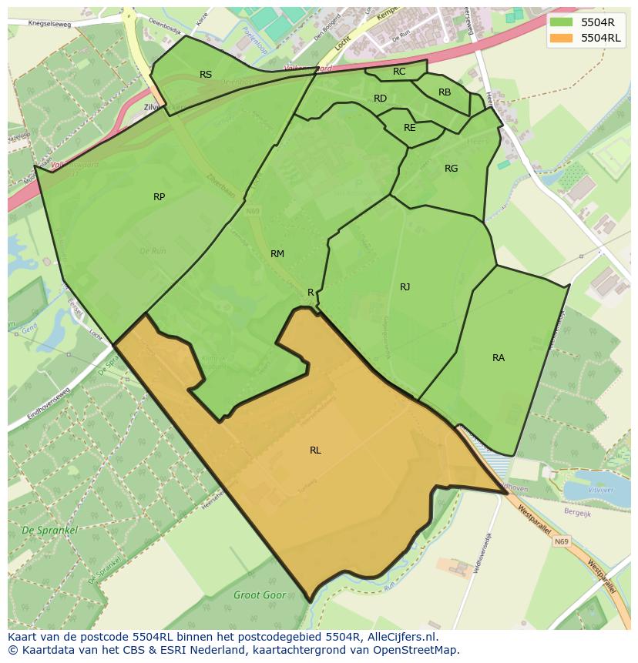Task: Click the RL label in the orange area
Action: click(x=315, y=450)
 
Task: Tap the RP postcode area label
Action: click(x=159, y=197)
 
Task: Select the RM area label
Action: click(x=277, y=254)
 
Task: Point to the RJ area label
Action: click(x=405, y=287)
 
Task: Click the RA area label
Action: click(x=499, y=358)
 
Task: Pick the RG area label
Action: click(x=451, y=169)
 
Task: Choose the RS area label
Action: click(x=206, y=75)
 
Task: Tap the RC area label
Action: click(x=399, y=72)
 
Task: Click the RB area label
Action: click(x=445, y=92)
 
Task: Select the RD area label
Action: click(x=380, y=99)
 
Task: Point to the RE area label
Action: click(x=409, y=128)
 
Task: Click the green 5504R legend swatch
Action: click(x=562, y=22)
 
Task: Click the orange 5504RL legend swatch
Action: click(x=562, y=37)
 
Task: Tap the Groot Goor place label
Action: click(x=260, y=595)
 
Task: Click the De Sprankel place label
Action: click(x=49, y=531)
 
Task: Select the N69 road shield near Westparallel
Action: click(x=562, y=542)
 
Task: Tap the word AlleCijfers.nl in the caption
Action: click(x=400, y=637)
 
